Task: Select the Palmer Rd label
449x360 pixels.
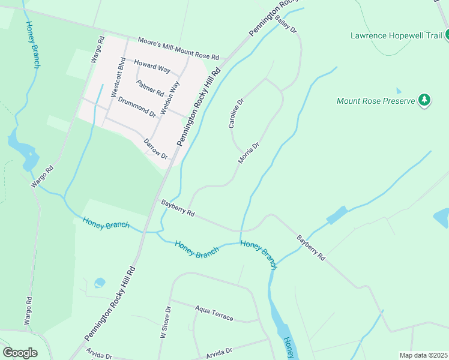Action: pyautogui.click(x=150, y=88)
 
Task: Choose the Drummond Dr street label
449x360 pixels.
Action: pyautogui.click(x=137, y=106)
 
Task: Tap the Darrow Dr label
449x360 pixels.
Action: pyautogui.click(x=155, y=149)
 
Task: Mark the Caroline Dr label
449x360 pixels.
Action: pyautogui.click(x=236, y=113)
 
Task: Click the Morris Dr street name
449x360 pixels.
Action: pyautogui.click(x=249, y=152)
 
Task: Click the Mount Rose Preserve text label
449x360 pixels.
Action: pyautogui.click(x=376, y=101)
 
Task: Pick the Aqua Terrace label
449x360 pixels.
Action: pyautogui.click(x=214, y=313)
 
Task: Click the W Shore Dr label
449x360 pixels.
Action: pyautogui.click(x=166, y=323)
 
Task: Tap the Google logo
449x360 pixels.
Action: pyautogui.click(x=20, y=352)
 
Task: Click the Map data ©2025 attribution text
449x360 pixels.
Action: pyautogui.click(x=423, y=355)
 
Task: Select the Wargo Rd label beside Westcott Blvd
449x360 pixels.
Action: pyautogui.click(x=96, y=49)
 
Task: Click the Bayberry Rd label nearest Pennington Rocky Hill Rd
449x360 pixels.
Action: pyautogui.click(x=178, y=209)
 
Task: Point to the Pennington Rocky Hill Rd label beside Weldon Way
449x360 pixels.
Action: pyautogui.click(x=199, y=107)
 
